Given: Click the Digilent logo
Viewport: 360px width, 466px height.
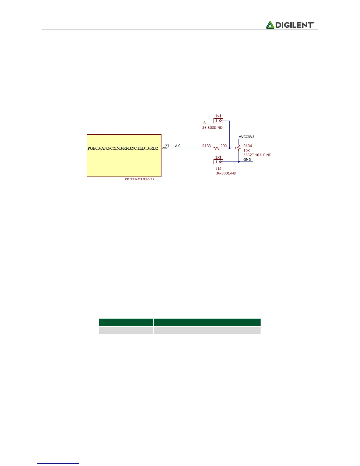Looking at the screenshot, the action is [290, 25].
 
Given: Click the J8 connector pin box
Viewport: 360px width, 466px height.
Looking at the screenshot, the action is [218, 121].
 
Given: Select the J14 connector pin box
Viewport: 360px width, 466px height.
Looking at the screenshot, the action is [218, 162].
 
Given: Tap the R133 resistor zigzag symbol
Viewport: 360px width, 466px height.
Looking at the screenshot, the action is [216, 148].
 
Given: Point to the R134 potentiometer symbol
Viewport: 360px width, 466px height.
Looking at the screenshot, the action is [239, 148].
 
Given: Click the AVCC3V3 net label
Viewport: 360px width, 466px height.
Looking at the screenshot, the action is [246, 137].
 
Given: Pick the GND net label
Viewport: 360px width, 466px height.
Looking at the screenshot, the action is [247, 159].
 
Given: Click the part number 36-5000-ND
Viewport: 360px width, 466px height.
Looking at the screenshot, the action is [212, 128].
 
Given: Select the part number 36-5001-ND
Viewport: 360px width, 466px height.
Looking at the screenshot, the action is [226, 173].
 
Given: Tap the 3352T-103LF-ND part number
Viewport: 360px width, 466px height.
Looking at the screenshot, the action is [257, 155].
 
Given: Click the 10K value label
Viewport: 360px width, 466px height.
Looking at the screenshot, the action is [246, 150].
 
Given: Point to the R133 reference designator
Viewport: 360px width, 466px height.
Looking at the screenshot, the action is [206, 146].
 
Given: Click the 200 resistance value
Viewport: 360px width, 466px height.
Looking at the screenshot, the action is [224, 146].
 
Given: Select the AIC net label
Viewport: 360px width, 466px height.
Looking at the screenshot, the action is [178, 146].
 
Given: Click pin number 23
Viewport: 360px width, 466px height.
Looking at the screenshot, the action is [167, 146].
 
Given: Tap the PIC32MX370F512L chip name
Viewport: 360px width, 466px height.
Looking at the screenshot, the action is [140, 179].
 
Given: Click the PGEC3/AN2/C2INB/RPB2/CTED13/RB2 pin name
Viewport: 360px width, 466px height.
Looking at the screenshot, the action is [123, 148].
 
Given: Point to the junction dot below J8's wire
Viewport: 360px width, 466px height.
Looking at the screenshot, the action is [230, 148].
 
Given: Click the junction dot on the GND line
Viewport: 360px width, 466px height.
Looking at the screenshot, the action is [239, 162].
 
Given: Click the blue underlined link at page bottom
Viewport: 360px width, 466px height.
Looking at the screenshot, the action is [58, 463].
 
